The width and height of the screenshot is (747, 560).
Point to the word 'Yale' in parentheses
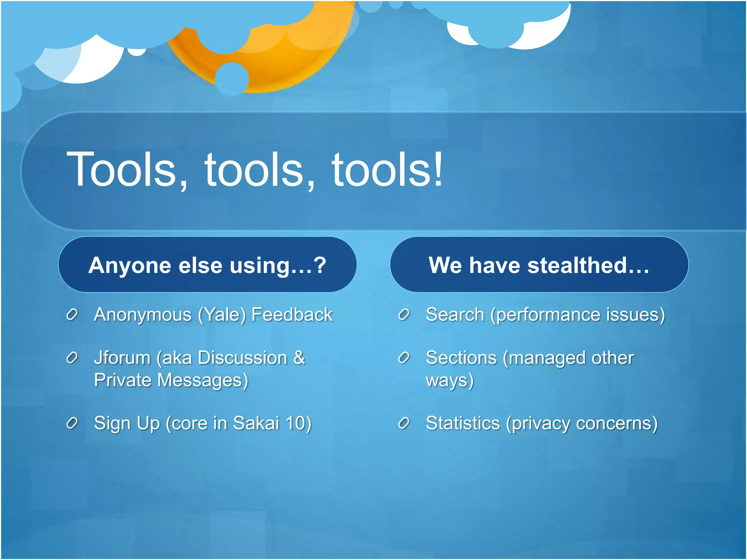(222, 315)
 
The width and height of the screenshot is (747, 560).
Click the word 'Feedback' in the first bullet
(292, 314)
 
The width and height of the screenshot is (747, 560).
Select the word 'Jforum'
(122, 358)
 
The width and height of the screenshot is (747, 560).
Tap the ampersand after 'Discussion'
(299, 357)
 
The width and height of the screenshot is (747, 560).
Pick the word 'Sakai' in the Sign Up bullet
(256, 423)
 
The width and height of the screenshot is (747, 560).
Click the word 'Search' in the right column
(455, 314)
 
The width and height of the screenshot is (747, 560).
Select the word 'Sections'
(461, 358)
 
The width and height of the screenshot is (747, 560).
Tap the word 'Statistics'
(462, 423)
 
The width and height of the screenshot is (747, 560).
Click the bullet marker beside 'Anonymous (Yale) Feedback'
(72, 314)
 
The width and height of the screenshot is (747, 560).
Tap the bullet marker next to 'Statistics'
(404, 423)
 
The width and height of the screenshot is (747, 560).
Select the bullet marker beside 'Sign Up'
(72, 423)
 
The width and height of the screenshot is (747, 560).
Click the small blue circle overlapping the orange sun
(232, 79)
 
